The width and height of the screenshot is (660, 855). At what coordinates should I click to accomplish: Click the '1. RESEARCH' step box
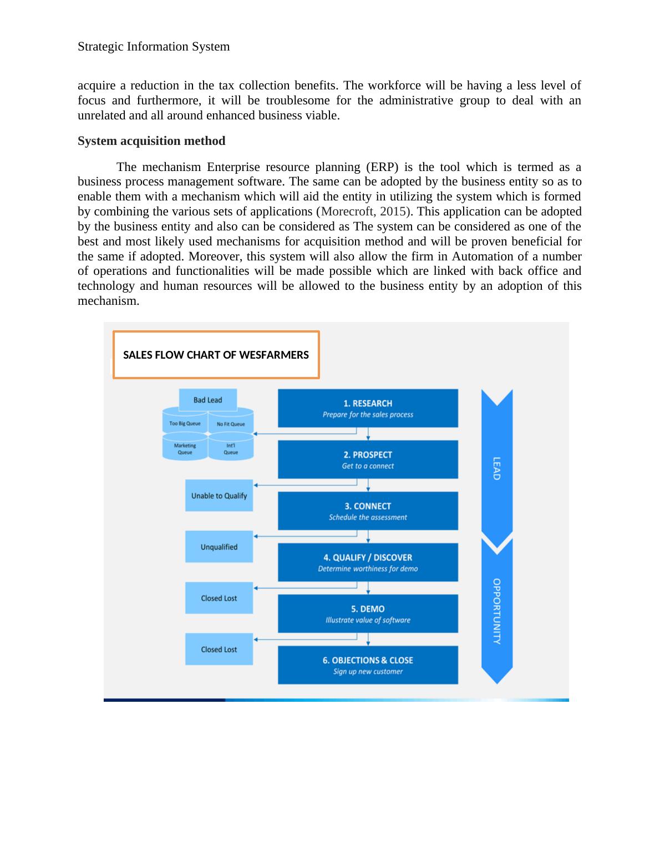click(x=368, y=408)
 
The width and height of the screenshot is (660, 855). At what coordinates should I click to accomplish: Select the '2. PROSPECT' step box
click(x=368, y=460)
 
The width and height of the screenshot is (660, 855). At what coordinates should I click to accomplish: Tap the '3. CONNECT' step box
click(x=368, y=511)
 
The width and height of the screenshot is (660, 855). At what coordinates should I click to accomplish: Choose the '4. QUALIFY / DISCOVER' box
click(x=368, y=562)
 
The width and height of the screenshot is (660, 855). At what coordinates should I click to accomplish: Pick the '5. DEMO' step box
click(x=368, y=613)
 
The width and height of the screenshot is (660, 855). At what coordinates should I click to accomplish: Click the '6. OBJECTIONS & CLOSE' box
click(x=368, y=665)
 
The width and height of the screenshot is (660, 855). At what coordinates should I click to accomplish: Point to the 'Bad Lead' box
click(x=208, y=400)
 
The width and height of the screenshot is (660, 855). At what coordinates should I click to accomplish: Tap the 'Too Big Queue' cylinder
click(x=185, y=424)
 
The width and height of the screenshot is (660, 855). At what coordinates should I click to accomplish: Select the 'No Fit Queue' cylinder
click(x=231, y=424)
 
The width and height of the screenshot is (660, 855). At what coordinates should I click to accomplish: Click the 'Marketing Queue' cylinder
click(x=185, y=449)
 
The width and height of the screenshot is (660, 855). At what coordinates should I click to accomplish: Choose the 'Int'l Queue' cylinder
click(x=231, y=449)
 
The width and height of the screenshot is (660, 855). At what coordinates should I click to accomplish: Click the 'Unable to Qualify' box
click(x=219, y=496)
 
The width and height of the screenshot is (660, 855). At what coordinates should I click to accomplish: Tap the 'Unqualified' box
click(x=219, y=547)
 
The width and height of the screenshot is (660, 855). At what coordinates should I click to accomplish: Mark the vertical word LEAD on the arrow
click(x=497, y=469)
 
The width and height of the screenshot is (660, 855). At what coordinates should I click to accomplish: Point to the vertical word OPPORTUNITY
click(x=497, y=611)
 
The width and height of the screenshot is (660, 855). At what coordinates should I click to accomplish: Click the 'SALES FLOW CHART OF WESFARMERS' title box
click(x=216, y=355)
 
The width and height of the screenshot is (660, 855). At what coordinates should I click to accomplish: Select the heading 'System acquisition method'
click(x=151, y=141)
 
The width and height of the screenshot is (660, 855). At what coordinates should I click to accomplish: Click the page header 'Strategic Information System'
click(x=154, y=47)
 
